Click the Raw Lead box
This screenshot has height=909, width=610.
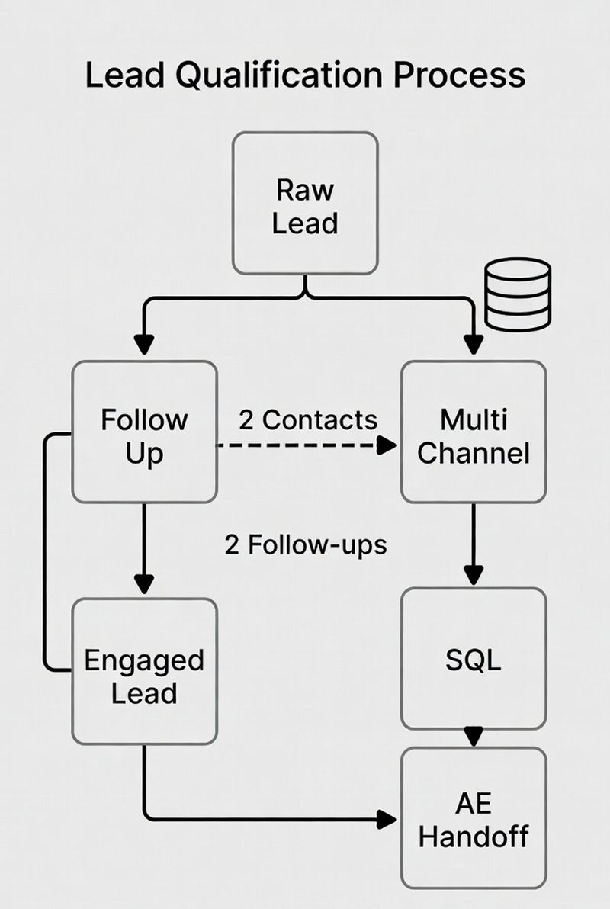[305, 203]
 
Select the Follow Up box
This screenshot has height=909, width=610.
[145, 432]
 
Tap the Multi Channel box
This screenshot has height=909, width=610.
[474, 432]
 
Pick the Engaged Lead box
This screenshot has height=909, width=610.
[145, 672]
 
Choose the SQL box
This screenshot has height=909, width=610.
[474, 659]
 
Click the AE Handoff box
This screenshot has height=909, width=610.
[474, 817]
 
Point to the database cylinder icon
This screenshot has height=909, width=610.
[518, 294]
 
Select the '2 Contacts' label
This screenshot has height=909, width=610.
[308, 419]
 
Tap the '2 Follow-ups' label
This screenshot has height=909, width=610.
[306, 544]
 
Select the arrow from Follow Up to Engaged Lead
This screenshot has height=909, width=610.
[144, 549]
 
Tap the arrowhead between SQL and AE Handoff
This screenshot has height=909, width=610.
[474, 737]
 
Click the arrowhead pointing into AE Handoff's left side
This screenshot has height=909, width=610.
[388, 820]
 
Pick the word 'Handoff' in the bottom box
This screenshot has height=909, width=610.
[474, 836]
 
